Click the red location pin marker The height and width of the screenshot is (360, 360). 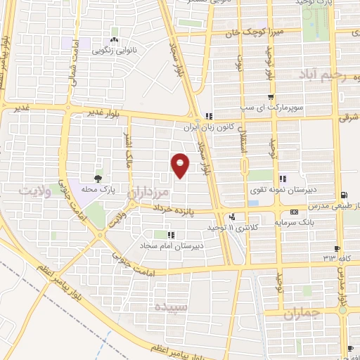coord(181,165)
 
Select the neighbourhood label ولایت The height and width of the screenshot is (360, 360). coord(36,191)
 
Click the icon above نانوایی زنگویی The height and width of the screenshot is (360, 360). coord(113,39)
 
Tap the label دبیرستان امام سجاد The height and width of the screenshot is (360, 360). coord(171,245)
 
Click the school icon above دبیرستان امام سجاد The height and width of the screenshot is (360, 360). coord(170,234)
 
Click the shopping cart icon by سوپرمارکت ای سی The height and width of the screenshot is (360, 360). coord(271,97)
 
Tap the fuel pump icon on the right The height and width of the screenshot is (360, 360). coord(343,195)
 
